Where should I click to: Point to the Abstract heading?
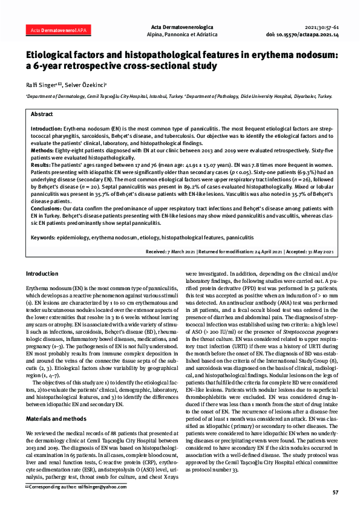coord(42,114)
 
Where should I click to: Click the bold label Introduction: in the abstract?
coord(47,129)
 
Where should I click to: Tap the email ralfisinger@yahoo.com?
coord(84,486)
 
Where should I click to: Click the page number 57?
coord(335,493)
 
